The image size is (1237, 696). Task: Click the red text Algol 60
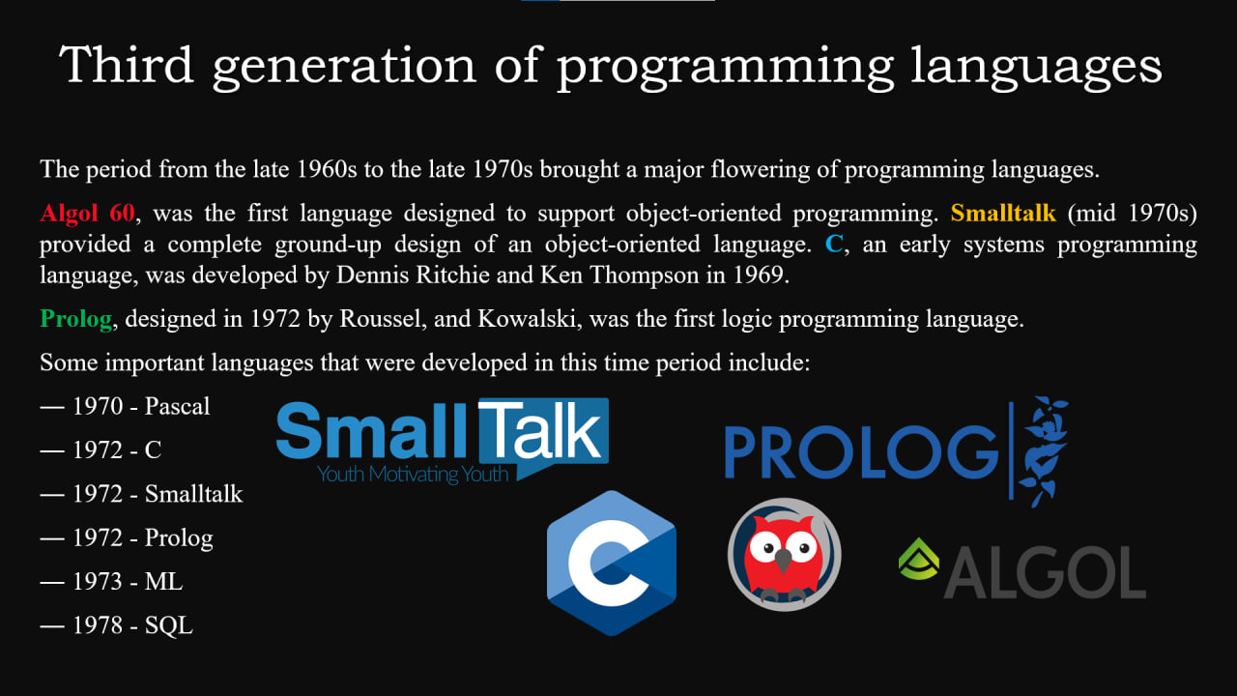(x=87, y=214)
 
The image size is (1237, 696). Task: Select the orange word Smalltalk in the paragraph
(x=1003, y=214)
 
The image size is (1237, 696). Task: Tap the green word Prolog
(x=76, y=319)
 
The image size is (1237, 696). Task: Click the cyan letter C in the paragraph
(x=834, y=245)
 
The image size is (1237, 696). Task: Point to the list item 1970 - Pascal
(x=125, y=407)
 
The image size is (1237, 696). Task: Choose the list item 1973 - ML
(x=111, y=582)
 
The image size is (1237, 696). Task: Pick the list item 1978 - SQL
(x=117, y=625)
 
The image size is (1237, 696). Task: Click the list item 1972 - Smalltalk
(x=141, y=494)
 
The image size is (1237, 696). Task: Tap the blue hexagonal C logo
(x=612, y=563)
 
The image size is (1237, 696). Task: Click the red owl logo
(x=784, y=555)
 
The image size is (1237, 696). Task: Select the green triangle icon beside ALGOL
(x=919, y=559)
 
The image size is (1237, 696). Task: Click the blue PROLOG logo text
(x=861, y=452)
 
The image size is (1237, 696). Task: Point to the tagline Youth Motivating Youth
(x=413, y=475)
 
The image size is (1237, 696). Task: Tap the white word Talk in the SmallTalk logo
(x=540, y=431)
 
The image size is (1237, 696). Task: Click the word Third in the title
(x=126, y=65)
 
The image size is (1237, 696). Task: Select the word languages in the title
(x=1036, y=69)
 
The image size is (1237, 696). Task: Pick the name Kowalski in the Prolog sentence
(x=527, y=319)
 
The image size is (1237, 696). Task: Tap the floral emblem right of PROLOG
(x=1043, y=451)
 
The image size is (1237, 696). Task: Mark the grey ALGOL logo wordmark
(x=1045, y=573)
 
